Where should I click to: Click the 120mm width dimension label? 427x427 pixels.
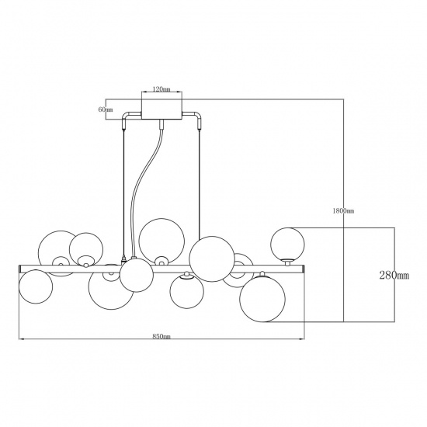pos(161,90)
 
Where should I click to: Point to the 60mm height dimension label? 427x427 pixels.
pos(106,109)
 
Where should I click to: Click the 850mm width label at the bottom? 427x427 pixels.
pos(161,335)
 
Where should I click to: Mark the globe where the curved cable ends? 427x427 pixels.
pos(137,274)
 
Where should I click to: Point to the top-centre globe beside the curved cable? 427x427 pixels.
pos(162,236)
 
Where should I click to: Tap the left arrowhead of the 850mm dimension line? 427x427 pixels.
pos(21,339)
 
